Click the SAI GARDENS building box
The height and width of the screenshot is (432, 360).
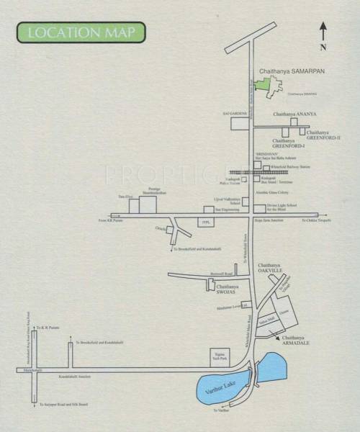click(x=240, y=122)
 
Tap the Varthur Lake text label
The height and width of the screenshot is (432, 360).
click(x=224, y=390)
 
